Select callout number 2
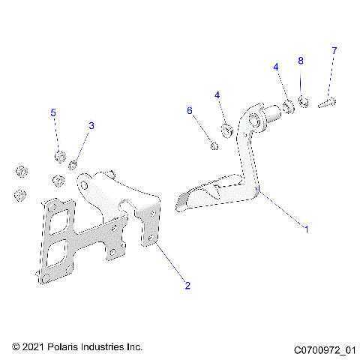point(187,285)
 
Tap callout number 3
point(91,126)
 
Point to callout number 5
point(53,112)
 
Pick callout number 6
point(190,110)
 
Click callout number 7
point(334,50)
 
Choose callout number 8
point(301,60)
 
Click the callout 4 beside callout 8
point(276,67)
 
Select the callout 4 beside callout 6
point(217,95)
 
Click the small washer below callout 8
point(304,100)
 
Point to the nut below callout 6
point(214,145)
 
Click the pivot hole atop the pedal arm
point(253,119)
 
